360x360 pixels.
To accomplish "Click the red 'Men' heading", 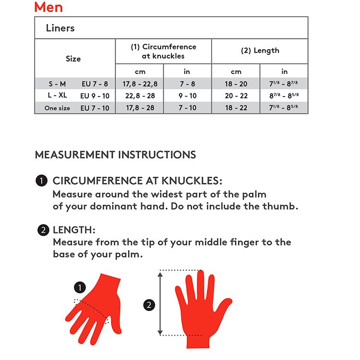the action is coord(48,7).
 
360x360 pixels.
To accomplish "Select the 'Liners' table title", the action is coord(60,28).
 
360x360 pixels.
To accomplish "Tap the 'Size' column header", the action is coord(73,59).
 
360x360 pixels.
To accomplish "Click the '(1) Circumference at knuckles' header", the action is coord(164,51).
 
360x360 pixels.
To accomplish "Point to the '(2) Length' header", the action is coord(260,50).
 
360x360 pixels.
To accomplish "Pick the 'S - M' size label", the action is coord(57,84).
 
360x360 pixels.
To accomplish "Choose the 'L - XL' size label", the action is coord(57,95).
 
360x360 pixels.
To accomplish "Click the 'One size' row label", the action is coord(57,108).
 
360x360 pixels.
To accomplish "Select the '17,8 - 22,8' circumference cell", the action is coord(140,84).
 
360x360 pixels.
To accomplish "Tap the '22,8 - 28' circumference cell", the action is coord(140,96).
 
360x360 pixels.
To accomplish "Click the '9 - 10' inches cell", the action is coord(188,96).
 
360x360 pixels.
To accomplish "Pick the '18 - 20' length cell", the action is coord(236,84).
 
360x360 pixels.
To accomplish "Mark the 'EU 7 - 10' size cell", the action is coord(95,108).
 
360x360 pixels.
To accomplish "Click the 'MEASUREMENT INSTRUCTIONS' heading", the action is coord(116,155).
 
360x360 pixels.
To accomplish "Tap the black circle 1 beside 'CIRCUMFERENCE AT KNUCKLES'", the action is coord(42,180).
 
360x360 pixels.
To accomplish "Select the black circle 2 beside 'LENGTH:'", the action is coord(43,230).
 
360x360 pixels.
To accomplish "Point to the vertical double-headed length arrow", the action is coord(160,303).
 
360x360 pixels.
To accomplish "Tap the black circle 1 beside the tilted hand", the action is coord(80,288).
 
